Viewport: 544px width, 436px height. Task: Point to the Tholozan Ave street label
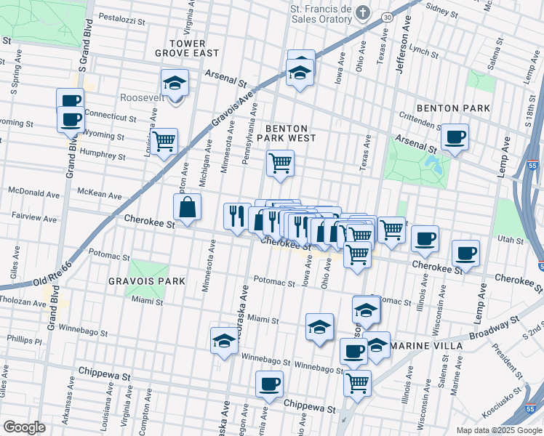point(23,302)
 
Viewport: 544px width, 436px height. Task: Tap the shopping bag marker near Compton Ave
point(188,207)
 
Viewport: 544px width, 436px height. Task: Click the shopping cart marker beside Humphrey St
point(164,140)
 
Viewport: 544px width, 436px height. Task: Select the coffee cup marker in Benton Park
point(455,137)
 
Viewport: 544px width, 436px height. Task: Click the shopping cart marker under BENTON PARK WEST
point(280,163)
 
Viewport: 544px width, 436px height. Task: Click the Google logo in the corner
point(24,427)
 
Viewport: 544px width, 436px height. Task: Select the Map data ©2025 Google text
point(497,429)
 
